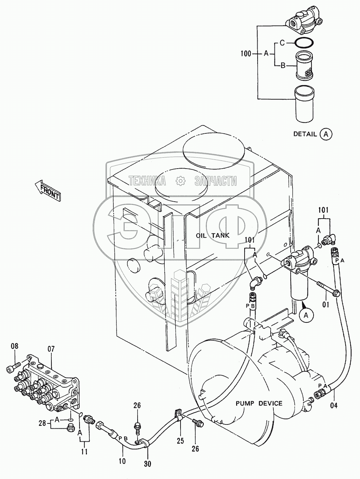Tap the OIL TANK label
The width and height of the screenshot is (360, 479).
212,235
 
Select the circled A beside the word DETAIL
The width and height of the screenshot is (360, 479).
326,134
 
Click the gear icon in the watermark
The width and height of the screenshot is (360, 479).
181,181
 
